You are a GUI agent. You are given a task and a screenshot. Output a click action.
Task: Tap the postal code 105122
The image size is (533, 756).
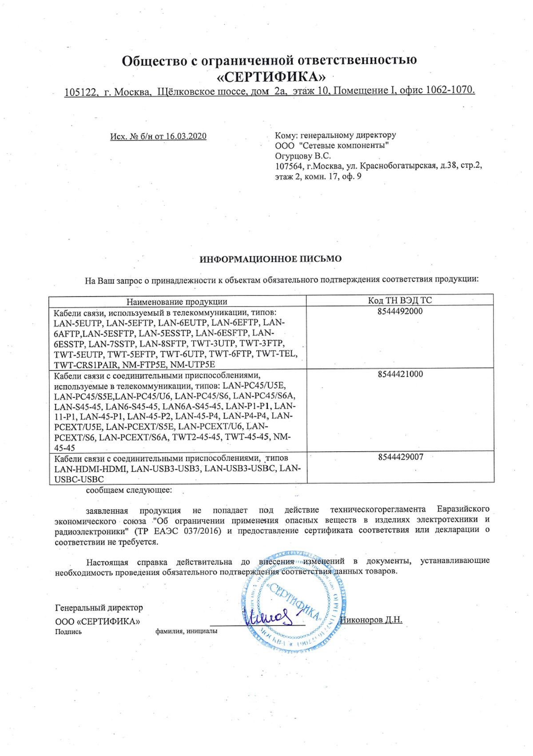80,92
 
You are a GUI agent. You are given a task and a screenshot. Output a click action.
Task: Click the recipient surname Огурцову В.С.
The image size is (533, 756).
303,156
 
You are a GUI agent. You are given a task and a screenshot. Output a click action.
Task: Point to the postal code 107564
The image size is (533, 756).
289,166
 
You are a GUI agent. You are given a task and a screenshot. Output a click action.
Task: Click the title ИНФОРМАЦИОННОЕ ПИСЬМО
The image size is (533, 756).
270,259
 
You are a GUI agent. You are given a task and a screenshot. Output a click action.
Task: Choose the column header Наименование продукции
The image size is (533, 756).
177,302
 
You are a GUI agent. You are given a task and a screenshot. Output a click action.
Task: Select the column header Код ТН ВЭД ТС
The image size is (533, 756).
400,300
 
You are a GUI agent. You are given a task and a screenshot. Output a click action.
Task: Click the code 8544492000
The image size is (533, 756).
400,311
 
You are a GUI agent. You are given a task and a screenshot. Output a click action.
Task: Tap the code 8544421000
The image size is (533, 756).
400,374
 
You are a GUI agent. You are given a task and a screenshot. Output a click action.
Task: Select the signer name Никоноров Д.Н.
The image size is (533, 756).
371,619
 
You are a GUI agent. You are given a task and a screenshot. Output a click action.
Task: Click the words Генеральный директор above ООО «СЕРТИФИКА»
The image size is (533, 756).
99,607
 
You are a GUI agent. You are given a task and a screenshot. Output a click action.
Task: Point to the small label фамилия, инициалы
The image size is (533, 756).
186,631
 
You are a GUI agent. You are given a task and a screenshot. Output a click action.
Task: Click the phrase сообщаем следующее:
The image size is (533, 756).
129,490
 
